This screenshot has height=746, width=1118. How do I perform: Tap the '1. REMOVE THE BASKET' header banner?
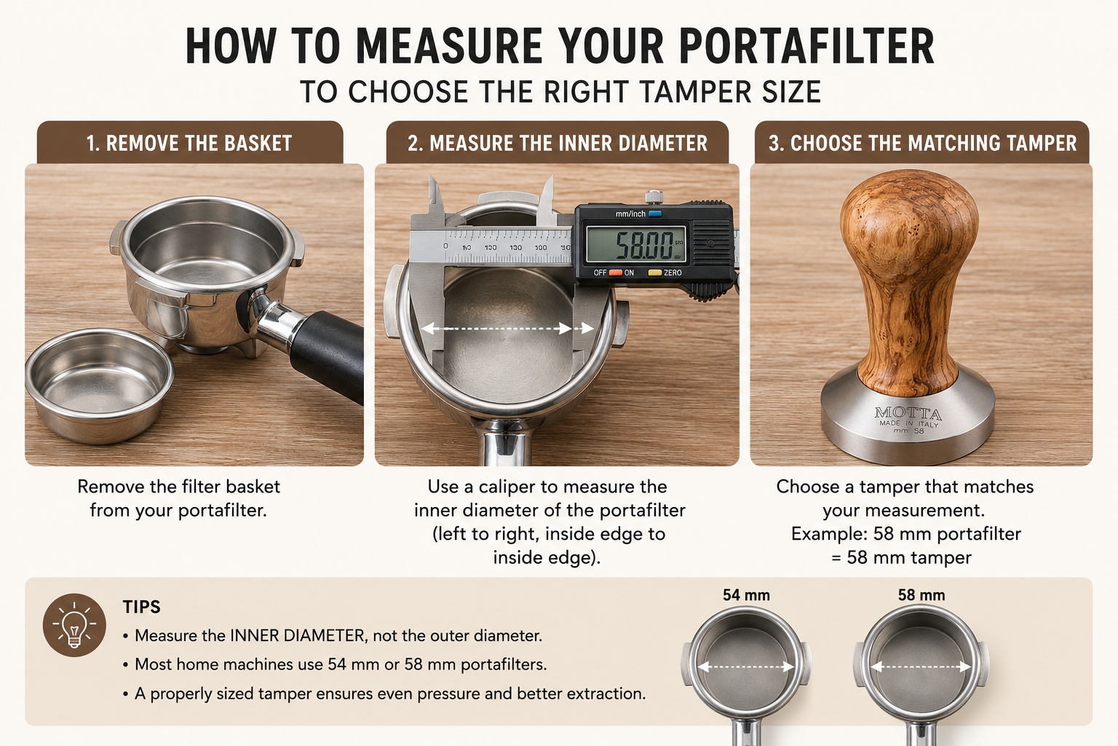190,143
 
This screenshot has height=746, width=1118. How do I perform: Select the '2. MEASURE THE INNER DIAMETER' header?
558,143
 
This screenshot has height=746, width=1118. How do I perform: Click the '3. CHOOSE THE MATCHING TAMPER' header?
922,143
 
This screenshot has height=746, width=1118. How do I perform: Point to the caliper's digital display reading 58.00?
636,244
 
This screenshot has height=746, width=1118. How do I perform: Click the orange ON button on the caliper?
615,272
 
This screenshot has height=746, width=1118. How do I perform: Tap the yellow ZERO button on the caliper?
654,272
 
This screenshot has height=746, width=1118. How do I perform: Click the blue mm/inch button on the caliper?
655,214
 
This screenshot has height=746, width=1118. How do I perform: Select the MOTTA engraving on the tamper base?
908,413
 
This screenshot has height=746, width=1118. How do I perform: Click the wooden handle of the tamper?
909,280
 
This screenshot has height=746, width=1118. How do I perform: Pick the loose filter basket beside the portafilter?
99,385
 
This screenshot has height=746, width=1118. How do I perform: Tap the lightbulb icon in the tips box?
74,625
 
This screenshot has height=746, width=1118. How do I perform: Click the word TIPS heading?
142,607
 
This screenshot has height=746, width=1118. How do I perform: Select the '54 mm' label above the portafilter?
746,595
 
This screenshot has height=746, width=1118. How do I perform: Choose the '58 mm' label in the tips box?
921,595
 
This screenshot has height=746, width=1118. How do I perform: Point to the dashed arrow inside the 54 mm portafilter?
746,667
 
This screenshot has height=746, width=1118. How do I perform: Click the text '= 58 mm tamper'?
901,557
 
